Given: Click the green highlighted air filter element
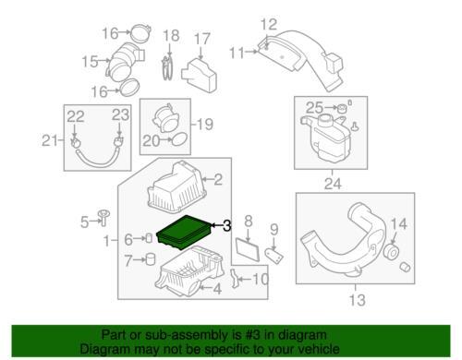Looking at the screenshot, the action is coord(184,233).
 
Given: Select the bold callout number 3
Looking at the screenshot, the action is coord(226,226).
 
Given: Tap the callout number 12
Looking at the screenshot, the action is coord(269,24).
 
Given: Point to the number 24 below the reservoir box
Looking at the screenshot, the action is coord(333,184).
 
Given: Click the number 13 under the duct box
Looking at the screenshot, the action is coord(357,300).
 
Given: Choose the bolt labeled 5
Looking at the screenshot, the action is coord(103,218).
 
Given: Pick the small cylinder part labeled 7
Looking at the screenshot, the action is coord(151,258).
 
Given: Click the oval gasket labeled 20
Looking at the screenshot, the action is coord(179,139).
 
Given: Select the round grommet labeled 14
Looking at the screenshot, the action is coord(392,252).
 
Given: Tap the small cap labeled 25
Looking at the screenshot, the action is coord(341,109).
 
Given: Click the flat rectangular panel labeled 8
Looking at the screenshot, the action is coord(248,248).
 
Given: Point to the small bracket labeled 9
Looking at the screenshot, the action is coord(274,256).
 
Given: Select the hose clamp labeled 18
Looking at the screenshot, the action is coord(167,67).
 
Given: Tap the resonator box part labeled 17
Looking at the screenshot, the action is coord(200,75).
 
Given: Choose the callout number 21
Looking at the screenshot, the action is coord(50,141).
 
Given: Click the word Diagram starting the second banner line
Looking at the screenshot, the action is coord(105,349).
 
